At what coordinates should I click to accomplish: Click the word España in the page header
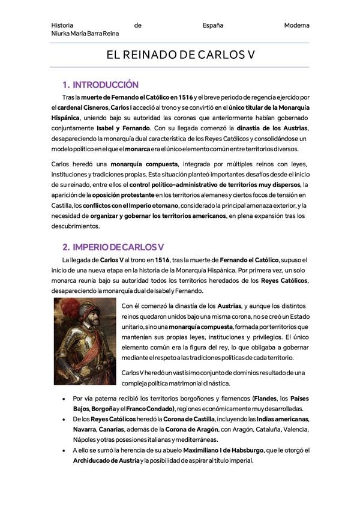coord(213,25)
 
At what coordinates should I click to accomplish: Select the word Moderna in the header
coord(297,25)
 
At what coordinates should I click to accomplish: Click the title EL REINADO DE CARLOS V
coord(181,55)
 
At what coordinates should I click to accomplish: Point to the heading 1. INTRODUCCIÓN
coord(101,85)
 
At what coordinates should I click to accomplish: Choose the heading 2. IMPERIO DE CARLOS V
coord(113,247)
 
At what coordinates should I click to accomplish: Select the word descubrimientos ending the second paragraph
coord(76,226)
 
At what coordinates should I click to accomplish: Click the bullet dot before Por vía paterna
coord(64,398)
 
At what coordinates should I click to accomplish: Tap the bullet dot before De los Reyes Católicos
coord(64,419)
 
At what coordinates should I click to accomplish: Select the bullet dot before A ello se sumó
coord(64,450)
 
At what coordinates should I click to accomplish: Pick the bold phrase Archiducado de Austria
coord(106,460)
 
